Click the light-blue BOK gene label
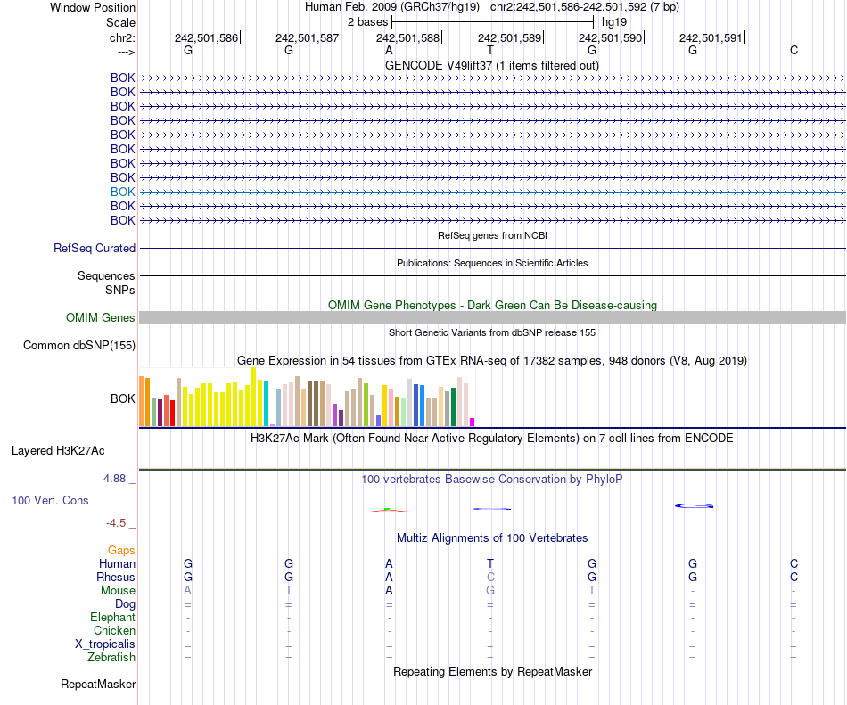tap(123, 192)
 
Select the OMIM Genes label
tap(101, 318)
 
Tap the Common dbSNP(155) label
tap(79, 346)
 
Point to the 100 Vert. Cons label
tap(50, 501)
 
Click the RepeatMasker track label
tap(98, 685)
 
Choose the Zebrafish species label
tap(111, 658)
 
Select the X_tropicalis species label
tap(105, 644)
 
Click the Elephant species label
tap(112, 618)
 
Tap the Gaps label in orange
tap(121, 551)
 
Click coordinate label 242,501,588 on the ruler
tap(407, 37)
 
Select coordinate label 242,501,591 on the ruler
tap(711, 37)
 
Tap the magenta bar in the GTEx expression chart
tap(473, 422)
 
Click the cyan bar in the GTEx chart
tap(266, 403)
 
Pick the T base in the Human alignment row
tap(490, 563)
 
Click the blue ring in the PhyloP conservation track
tap(695, 506)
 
